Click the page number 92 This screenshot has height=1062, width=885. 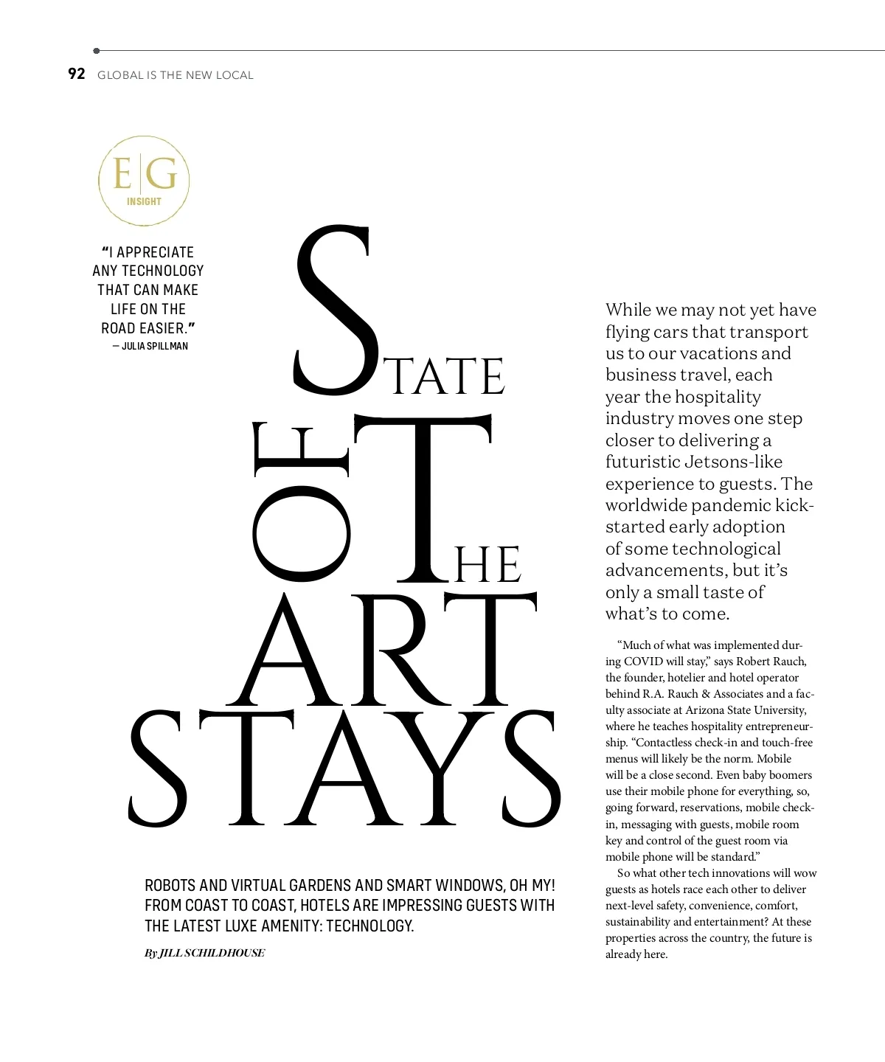click(x=77, y=74)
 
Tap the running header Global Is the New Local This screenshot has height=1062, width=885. click(x=176, y=75)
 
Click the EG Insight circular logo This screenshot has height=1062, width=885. click(x=144, y=181)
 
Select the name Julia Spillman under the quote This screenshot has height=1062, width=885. click(x=155, y=346)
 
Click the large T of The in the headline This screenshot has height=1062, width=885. click(x=423, y=498)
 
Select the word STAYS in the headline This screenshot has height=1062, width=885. click(x=345, y=769)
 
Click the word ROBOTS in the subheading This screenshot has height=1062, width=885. click(x=170, y=886)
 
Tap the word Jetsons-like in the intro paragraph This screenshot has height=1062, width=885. click(x=734, y=462)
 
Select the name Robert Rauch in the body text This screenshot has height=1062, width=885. click(x=771, y=662)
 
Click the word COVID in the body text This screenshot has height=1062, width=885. click(x=643, y=662)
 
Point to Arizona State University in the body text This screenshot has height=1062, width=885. click(x=746, y=710)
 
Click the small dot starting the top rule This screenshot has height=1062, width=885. click(x=97, y=51)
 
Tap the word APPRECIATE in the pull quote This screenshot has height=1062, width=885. click(x=155, y=252)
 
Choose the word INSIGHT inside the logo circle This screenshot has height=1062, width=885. click(x=144, y=201)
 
